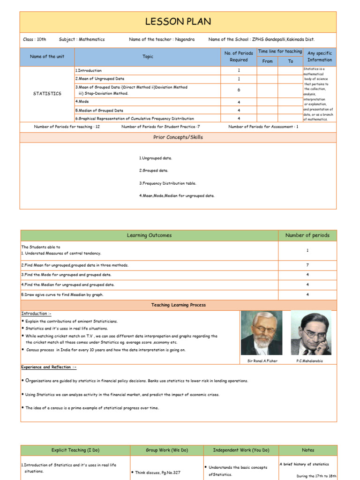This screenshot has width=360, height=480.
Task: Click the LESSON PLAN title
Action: tap(178, 22)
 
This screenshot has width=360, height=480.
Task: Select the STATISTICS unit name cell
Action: tap(47, 94)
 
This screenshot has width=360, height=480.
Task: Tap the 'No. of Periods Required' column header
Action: tap(239, 57)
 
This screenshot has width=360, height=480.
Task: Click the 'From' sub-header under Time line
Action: tap(267, 61)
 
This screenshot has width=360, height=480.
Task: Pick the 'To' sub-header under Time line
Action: tap(291, 61)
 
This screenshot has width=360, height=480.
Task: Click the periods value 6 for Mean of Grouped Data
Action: tap(239, 90)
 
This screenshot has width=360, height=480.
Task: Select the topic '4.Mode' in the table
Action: tap(83, 101)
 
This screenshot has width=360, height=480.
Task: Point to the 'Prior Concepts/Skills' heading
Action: tap(178, 137)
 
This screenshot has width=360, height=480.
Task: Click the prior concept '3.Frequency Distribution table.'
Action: tap(167, 183)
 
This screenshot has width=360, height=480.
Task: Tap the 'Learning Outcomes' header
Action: tap(149, 235)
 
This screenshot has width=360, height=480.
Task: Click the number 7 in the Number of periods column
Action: tap(307, 265)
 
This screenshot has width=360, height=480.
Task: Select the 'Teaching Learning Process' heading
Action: tap(178, 305)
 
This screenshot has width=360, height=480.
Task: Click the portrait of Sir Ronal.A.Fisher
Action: tap(262, 333)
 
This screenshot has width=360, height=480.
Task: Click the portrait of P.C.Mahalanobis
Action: tap(311, 333)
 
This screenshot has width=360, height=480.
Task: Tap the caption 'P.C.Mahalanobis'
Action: tap(309, 361)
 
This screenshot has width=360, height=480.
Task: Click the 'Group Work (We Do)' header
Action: tap(166, 450)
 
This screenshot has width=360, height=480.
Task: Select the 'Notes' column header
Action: tap(308, 450)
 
